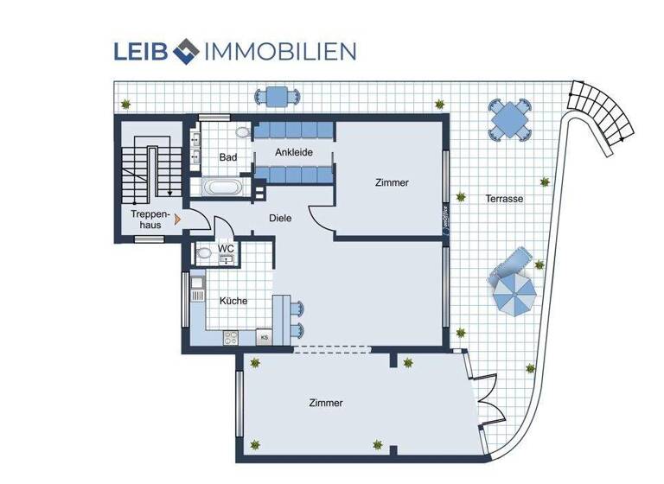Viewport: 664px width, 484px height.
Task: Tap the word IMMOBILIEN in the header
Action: click(278, 51)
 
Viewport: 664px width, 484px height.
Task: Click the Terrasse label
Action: click(503, 199)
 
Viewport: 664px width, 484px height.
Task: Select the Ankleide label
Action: click(293, 153)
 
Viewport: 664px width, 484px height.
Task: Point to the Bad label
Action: click(227, 157)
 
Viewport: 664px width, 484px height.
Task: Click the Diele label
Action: click(280, 219)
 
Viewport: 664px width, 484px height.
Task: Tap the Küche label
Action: click(233, 301)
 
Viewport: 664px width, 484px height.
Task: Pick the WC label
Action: click(226, 249)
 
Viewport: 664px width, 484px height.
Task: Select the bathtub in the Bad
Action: click(223, 187)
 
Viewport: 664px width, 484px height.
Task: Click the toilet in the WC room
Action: click(204, 254)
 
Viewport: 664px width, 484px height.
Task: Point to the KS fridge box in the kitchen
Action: click(264, 337)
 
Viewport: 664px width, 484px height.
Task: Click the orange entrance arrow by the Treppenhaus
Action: click(178, 220)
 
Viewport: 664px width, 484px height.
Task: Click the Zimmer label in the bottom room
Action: click(325, 403)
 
